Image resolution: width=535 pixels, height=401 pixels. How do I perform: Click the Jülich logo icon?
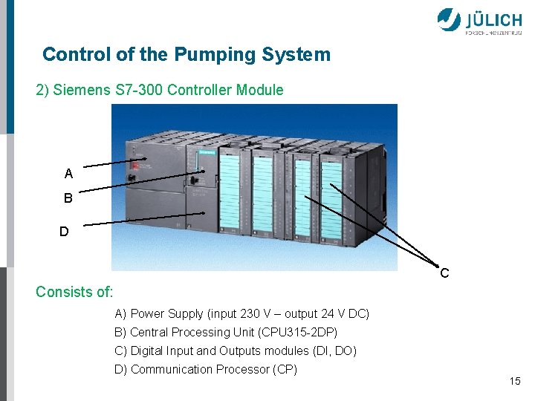[449, 19]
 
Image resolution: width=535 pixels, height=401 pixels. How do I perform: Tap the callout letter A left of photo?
[68, 174]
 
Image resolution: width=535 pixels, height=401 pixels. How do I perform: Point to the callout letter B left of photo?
[68, 199]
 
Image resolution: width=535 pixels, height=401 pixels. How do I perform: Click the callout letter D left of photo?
[65, 232]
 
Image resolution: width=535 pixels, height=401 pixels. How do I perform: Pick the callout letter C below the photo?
[444, 273]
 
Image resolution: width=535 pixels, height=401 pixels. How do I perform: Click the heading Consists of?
[74, 292]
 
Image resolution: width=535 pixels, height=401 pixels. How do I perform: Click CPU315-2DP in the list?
[305, 332]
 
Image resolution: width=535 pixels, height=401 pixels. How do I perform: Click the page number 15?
[515, 381]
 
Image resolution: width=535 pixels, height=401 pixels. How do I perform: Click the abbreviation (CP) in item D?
[285, 369]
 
